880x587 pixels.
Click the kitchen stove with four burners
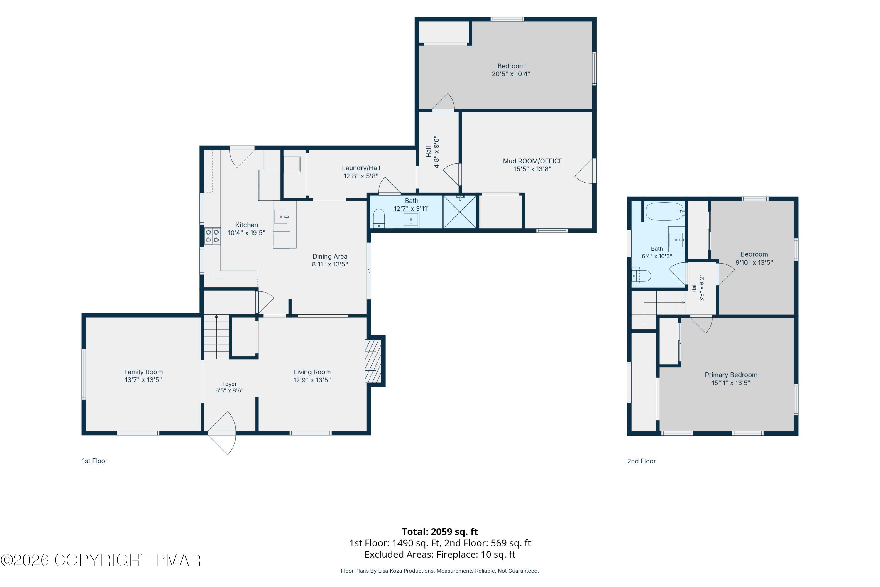pos(212,236)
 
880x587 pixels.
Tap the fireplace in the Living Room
pos(373,361)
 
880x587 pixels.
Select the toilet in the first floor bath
pos(379,218)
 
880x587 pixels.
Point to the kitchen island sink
pos(281,217)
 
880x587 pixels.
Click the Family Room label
pos(143,372)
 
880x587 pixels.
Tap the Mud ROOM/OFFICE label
pos(532,161)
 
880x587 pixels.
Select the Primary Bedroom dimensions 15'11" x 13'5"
pos(731,383)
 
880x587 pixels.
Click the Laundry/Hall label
pos(361,168)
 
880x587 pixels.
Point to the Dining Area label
pos(330,257)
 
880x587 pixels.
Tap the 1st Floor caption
pos(95,461)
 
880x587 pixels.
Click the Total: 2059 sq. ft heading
pos(440,532)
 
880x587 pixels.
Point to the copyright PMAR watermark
pos(101,560)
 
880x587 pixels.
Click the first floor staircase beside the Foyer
pos(216,337)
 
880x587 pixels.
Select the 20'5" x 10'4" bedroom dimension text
pos(511,74)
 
